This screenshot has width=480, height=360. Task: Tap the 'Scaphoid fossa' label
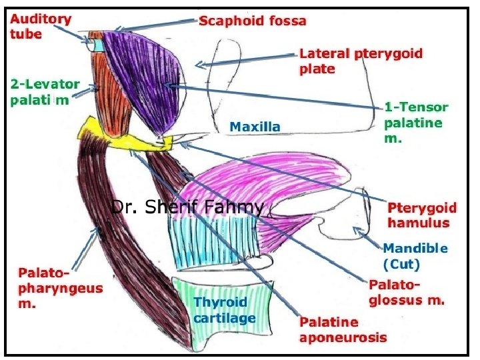(x=253, y=21)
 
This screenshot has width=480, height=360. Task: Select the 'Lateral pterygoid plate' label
(x=361, y=61)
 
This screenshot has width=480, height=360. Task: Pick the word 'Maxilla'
(x=255, y=125)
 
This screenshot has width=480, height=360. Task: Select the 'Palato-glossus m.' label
(x=406, y=293)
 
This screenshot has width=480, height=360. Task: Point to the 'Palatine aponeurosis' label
(x=343, y=329)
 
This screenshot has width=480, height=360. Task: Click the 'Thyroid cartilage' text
(x=225, y=310)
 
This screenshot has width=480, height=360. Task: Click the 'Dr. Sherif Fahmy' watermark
(x=187, y=207)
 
